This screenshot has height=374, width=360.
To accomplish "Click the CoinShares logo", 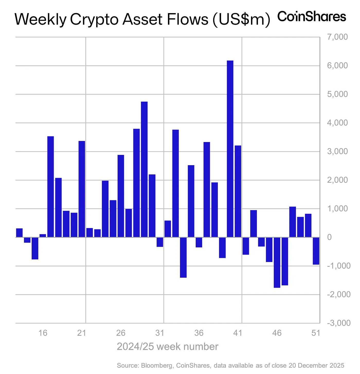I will (x=312, y=17).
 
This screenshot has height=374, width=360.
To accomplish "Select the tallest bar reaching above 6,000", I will (x=230, y=149).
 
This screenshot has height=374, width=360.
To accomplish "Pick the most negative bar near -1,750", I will (x=277, y=262).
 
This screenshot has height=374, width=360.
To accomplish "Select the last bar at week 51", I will (x=316, y=251).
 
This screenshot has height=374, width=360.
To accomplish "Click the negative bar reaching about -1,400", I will (x=183, y=257).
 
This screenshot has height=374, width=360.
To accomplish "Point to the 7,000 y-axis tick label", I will (x=337, y=37).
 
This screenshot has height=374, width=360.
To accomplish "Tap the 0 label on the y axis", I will (x=329, y=237).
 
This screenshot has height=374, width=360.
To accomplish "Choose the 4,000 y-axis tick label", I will (x=337, y=123).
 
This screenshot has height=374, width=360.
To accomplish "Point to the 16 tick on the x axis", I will (x=43, y=333).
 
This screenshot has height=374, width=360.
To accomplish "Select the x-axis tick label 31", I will (x=160, y=333).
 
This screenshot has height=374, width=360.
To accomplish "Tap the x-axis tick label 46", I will (x=277, y=333).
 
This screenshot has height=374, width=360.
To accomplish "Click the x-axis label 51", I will (x=316, y=333).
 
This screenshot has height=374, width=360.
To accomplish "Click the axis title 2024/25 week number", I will (x=167, y=347).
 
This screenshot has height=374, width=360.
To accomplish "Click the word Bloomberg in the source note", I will (x=157, y=366).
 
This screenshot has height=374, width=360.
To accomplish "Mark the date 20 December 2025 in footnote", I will (x=316, y=366).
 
